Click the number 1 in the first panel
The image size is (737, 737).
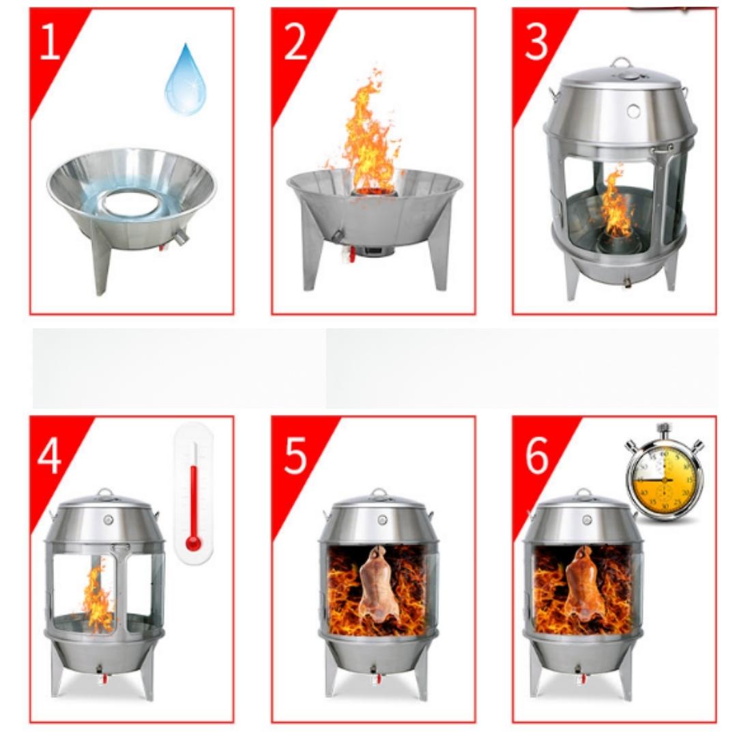(x=50, y=42)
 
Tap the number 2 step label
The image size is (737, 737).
(x=295, y=42)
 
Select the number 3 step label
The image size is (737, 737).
(x=536, y=42)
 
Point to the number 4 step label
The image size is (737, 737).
(x=49, y=455)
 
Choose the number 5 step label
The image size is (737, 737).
(x=295, y=455)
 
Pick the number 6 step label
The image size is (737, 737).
(x=537, y=455)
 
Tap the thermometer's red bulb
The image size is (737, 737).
(x=193, y=543)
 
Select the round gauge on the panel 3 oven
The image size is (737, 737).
(x=633, y=111)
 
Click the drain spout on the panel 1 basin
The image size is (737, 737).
(x=180, y=237)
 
